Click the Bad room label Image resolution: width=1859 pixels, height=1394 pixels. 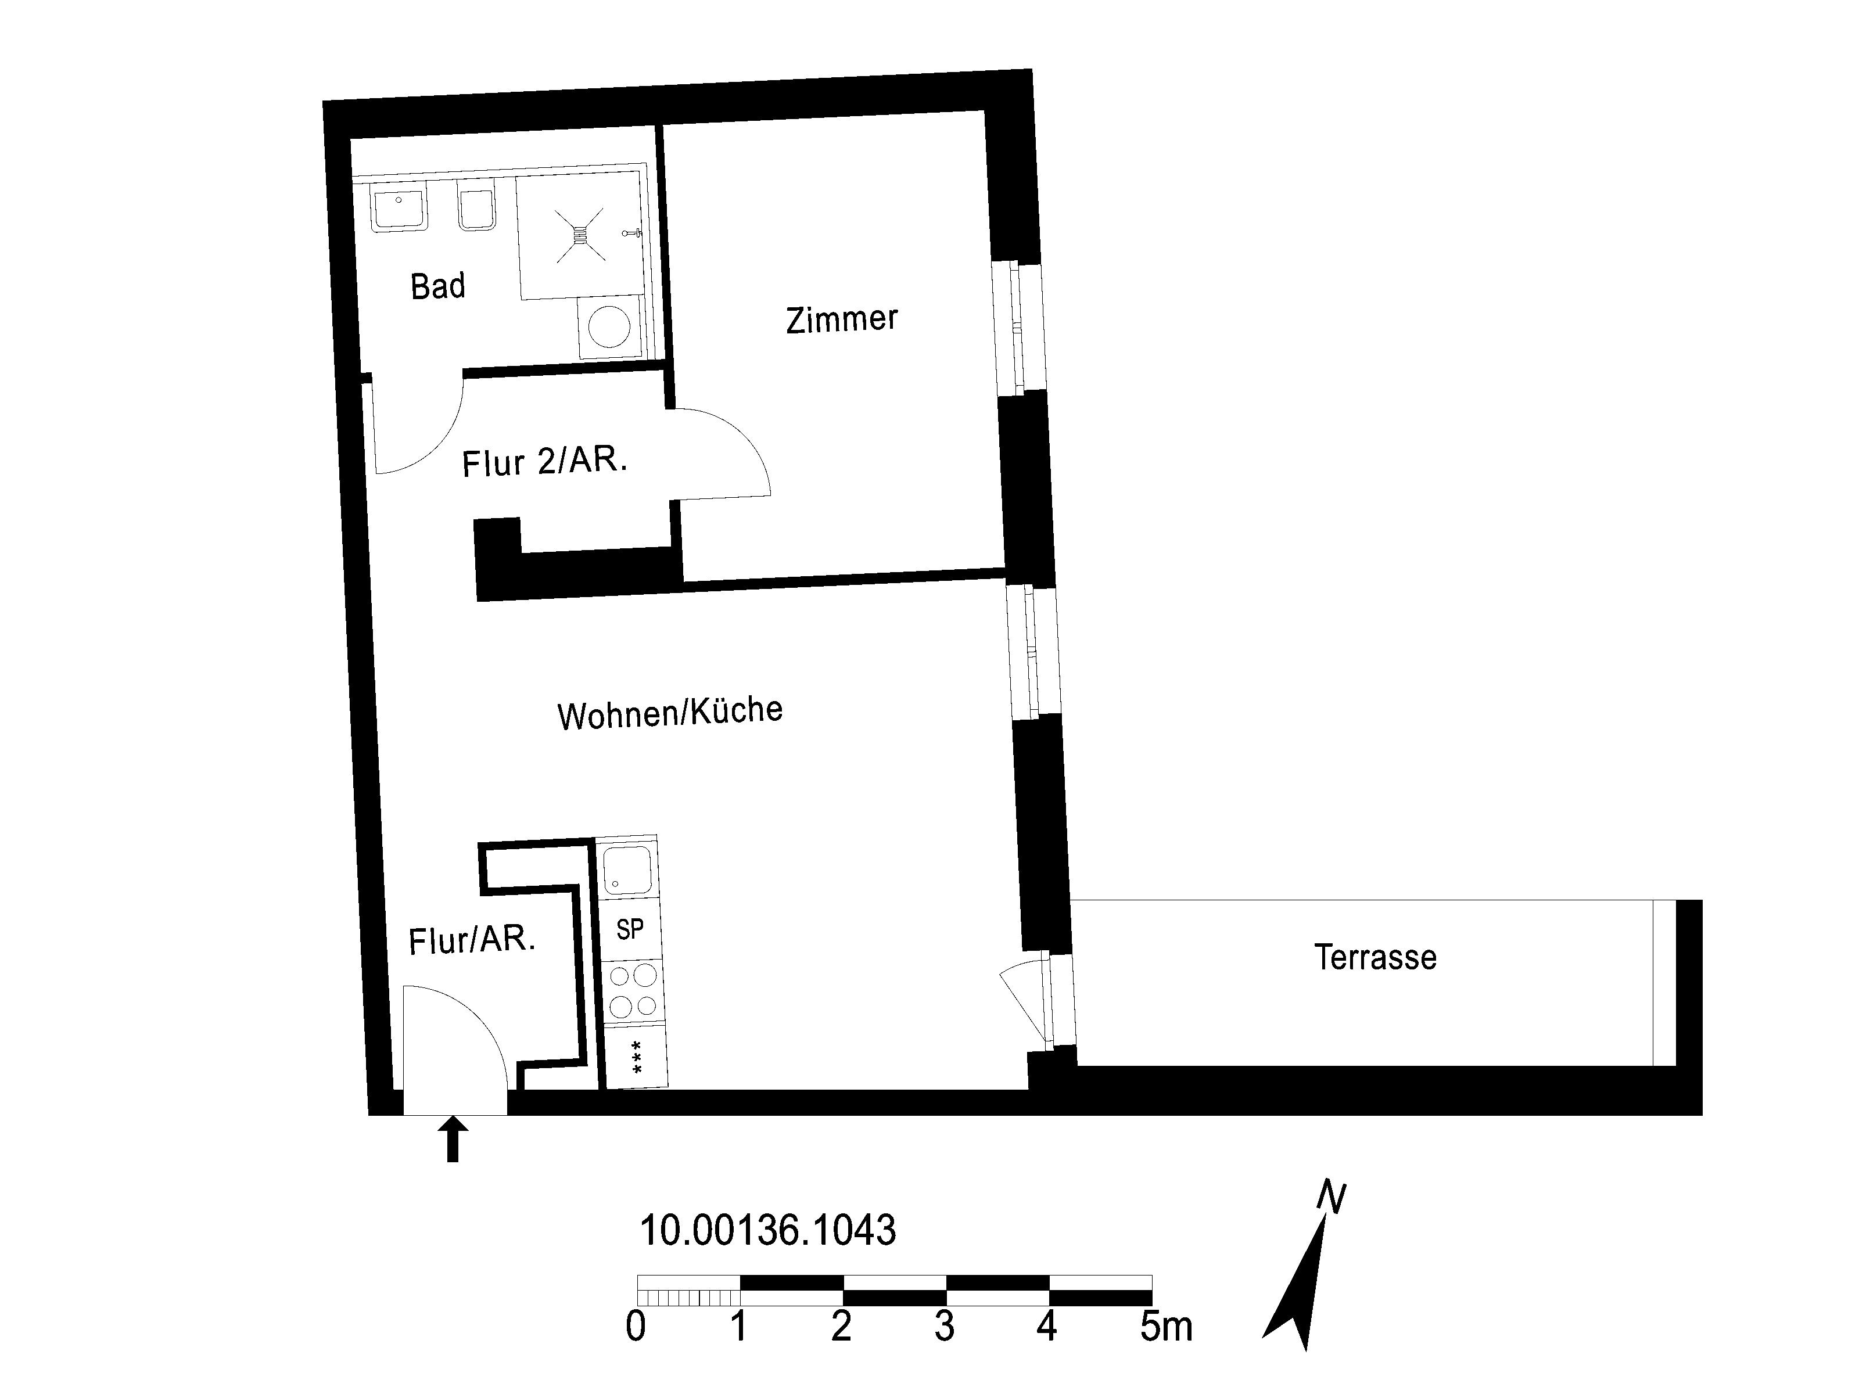click(x=438, y=286)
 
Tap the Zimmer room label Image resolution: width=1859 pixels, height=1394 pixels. click(x=842, y=319)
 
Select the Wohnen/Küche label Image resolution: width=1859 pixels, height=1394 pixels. click(x=670, y=713)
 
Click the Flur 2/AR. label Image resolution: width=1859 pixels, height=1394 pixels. click(x=544, y=462)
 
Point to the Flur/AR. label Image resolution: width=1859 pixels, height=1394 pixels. click(x=472, y=940)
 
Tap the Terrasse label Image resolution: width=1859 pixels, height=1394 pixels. click(x=1375, y=958)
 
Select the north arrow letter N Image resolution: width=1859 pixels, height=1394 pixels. click(x=1332, y=1197)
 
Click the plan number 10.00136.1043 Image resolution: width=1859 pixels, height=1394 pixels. click(x=767, y=1231)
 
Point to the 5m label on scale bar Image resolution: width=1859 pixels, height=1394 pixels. click(x=1166, y=1327)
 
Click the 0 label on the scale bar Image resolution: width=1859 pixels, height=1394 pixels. click(x=636, y=1327)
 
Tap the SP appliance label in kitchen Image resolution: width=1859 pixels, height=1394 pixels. click(x=630, y=929)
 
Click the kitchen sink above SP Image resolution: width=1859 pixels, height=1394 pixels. click(x=627, y=870)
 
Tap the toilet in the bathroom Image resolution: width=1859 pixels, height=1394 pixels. click(x=476, y=206)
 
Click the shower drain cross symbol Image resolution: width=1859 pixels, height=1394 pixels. click(x=580, y=233)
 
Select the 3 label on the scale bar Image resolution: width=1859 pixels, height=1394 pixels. click(x=944, y=1327)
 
